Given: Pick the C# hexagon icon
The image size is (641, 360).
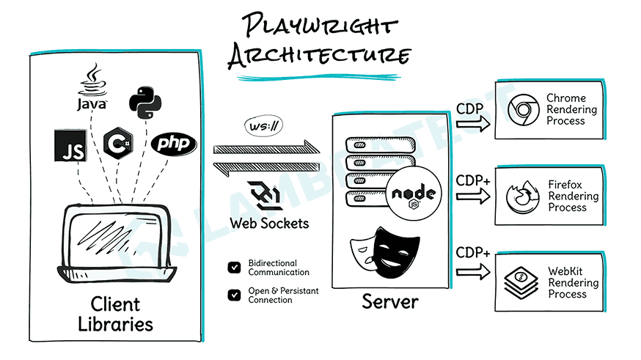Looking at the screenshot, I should [118, 141].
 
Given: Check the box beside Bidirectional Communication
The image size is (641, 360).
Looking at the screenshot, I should [234, 268].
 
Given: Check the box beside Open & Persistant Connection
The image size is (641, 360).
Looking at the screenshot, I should [234, 295].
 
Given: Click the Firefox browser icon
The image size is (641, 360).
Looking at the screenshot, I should [520, 196].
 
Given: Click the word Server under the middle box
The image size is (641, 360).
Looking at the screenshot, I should [389, 301].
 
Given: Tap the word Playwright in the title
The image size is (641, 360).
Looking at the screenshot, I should [320, 28].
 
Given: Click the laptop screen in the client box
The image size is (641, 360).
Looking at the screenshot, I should [117, 233].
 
